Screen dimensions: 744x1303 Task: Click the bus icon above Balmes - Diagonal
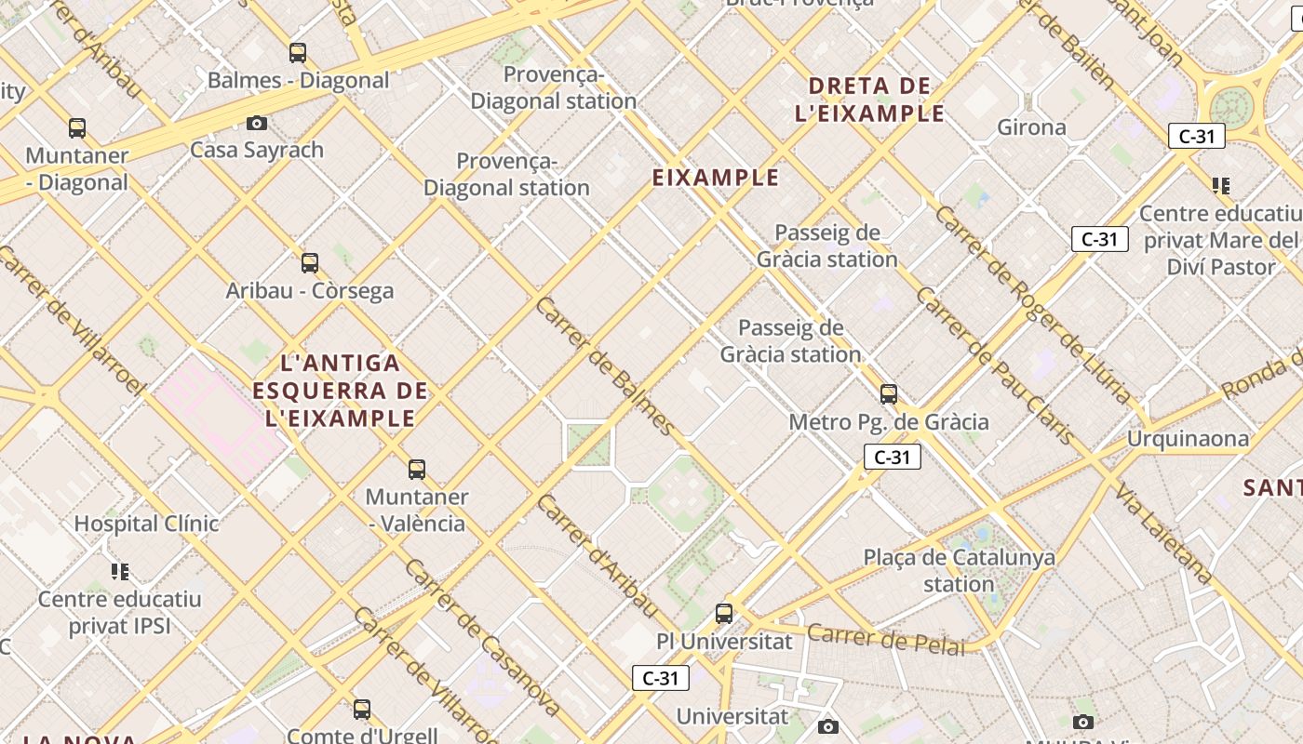(x=298, y=53)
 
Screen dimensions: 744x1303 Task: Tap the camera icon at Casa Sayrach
(x=257, y=123)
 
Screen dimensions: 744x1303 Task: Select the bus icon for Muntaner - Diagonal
(x=77, y=128)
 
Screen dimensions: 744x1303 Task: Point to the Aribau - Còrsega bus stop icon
(x=310, y=263)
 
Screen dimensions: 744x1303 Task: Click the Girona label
(x=1031, y=127)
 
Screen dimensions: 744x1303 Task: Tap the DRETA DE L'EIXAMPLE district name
(x=869, y=100)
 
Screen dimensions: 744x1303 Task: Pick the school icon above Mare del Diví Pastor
(x=1221, y=186)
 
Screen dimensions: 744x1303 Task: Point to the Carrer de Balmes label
(x=604, y=366)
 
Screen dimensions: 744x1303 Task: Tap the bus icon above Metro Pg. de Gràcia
(x=889, y=394)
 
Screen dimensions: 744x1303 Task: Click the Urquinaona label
(x=1188, y=438)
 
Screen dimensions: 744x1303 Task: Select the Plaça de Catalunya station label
(x=960, y=571)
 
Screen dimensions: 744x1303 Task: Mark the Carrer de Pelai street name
(x=885, y=640)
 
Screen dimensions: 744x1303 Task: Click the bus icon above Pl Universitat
(x=724, y=614)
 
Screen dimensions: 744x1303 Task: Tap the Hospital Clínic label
(x=146, y=524)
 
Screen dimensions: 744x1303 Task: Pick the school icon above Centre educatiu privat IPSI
(x=119, y=571)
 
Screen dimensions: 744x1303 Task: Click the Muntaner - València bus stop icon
(x=417, y=470)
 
